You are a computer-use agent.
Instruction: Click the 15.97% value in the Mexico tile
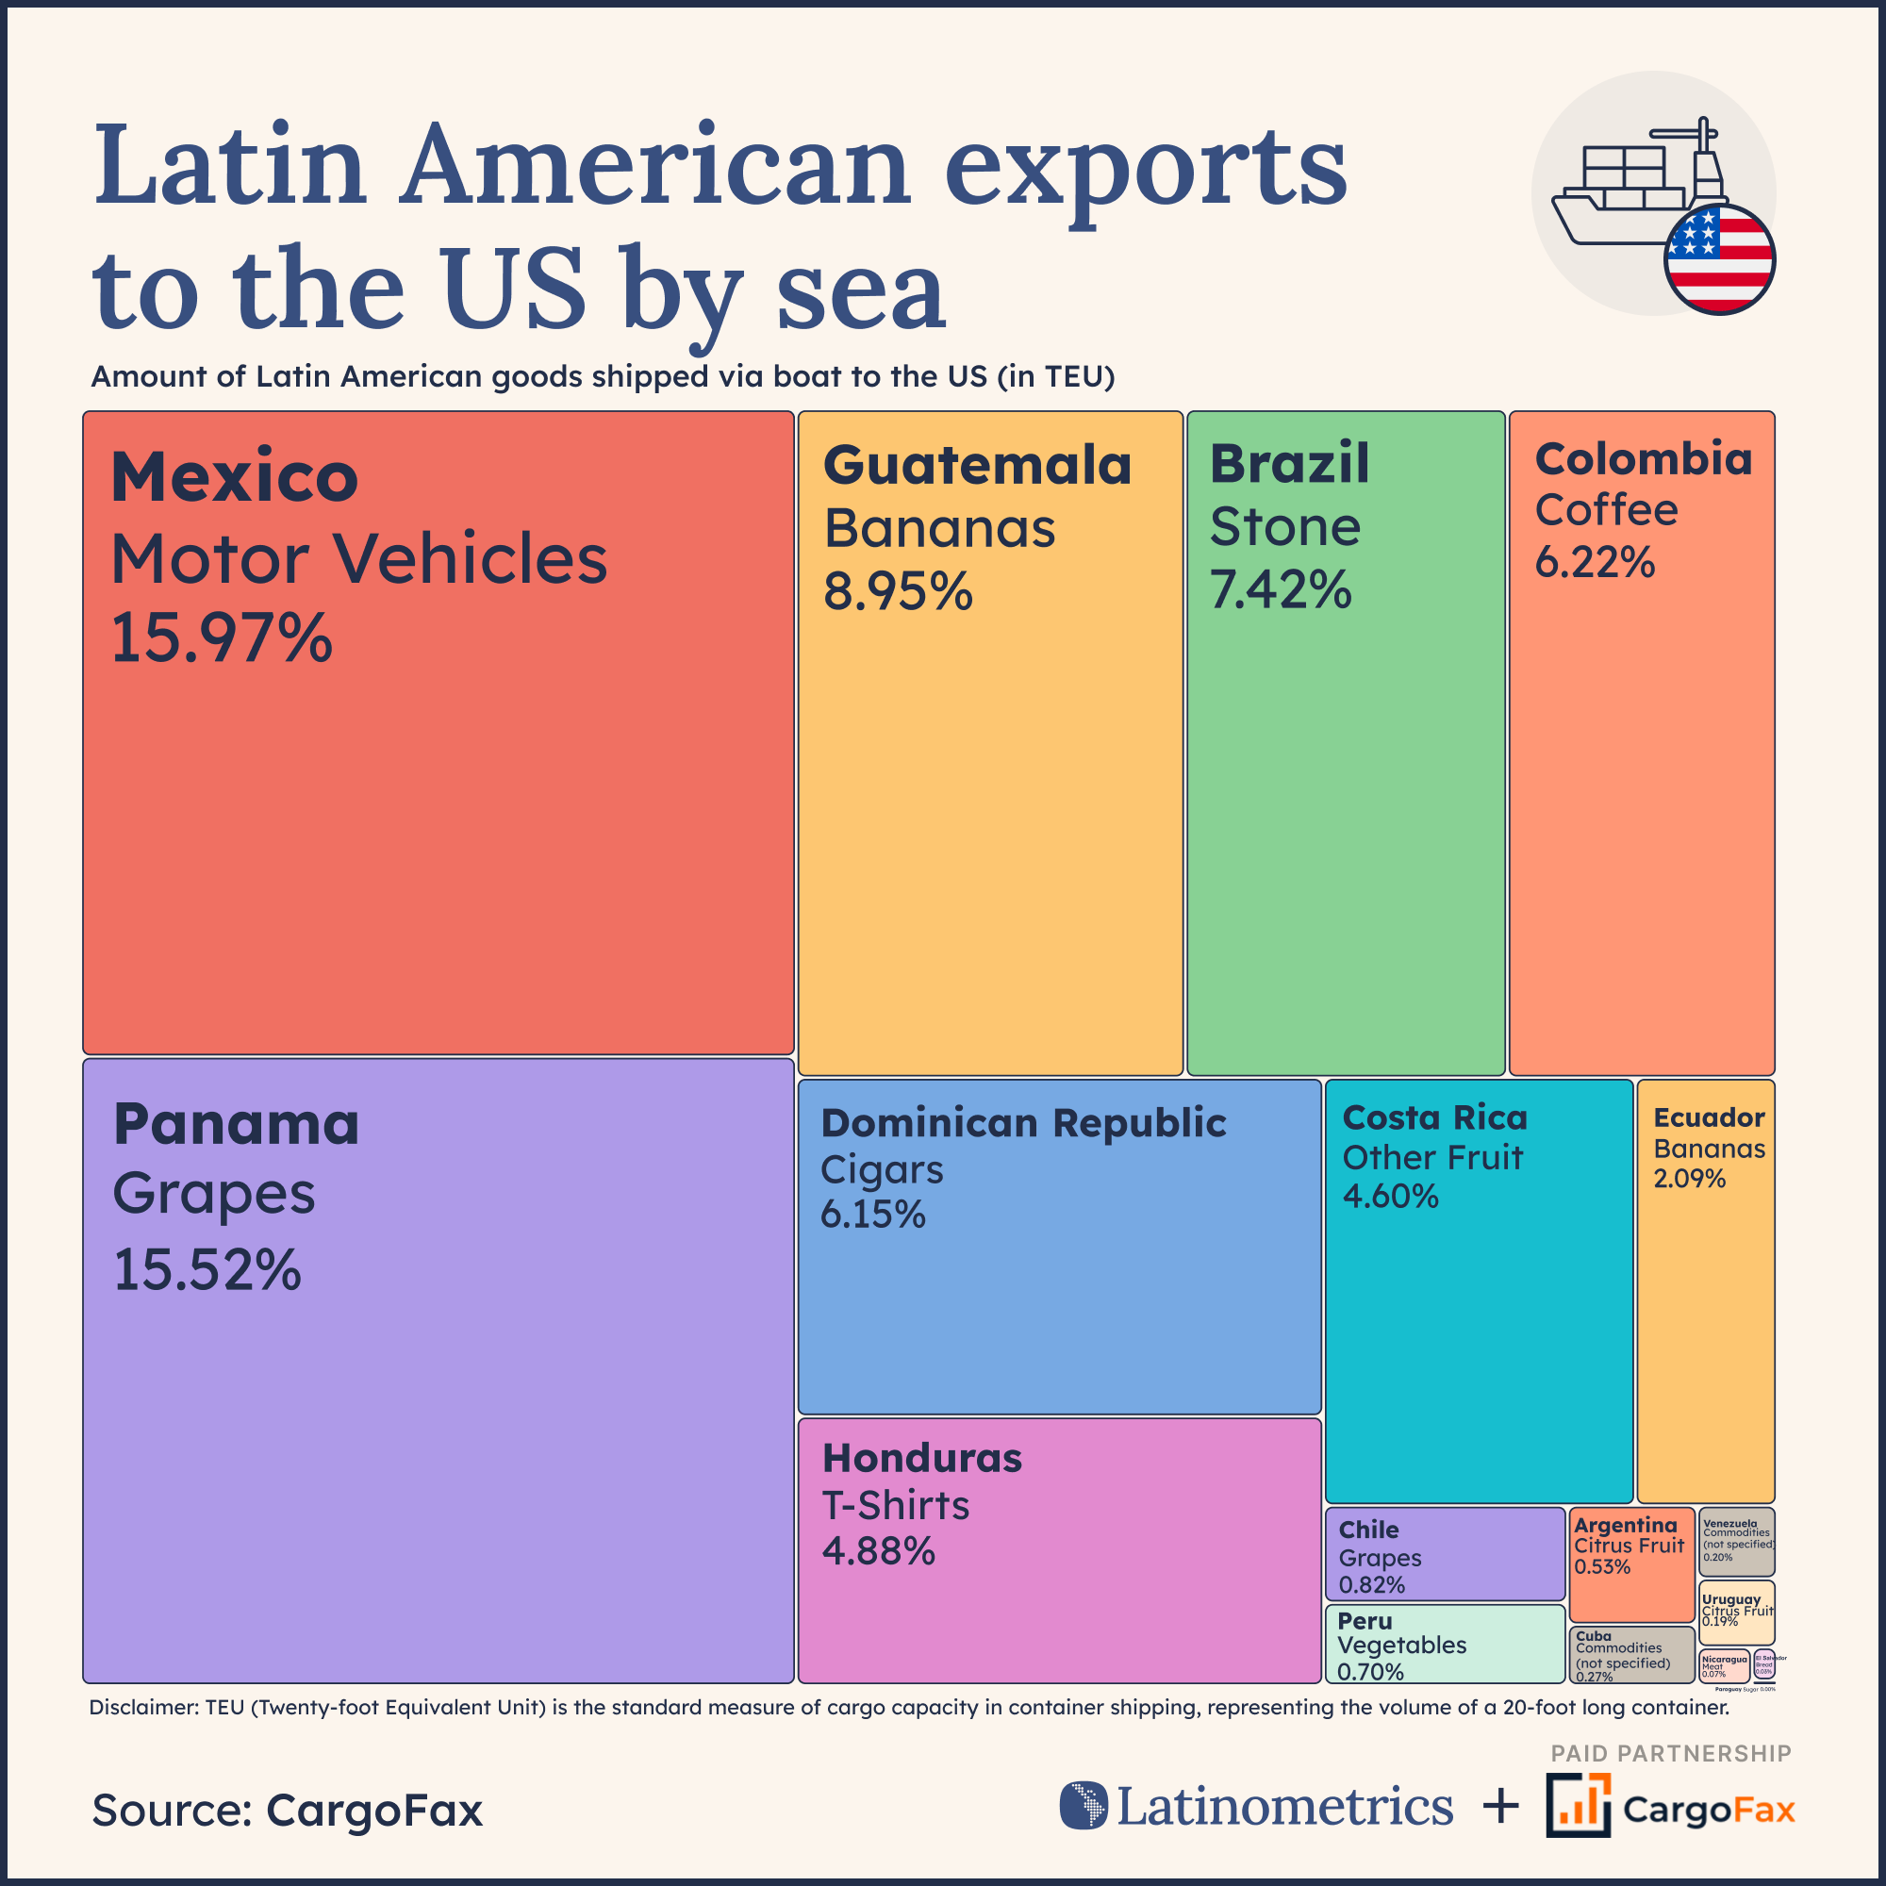click(x=222, y=638)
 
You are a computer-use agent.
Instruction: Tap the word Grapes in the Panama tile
click(x=214, y=1194)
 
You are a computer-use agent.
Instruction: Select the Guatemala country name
click(x=977, y=465)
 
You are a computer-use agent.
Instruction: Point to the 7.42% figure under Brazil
click(x=1280, y=589)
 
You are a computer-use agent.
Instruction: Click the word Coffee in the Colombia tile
click(x=1606, y=509)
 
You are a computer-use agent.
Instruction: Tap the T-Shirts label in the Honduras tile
click(x=895, y=1505)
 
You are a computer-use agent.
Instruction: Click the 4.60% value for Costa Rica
click(x=1390, y=1196)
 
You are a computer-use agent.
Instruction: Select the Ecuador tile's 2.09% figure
click(x=1689, y=1178)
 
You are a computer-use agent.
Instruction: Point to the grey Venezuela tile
click(x=1737, y=1542)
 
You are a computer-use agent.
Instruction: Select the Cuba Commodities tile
click(x=1630, y=1654)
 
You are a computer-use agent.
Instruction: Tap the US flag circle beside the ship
click(x=1719, y=259)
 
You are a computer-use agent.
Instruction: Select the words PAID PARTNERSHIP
click(x=1670, y=1753)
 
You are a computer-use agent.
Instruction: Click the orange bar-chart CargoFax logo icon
click(x=1578, y=1805)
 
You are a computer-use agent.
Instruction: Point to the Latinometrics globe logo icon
click(x=1084, y=1805)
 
